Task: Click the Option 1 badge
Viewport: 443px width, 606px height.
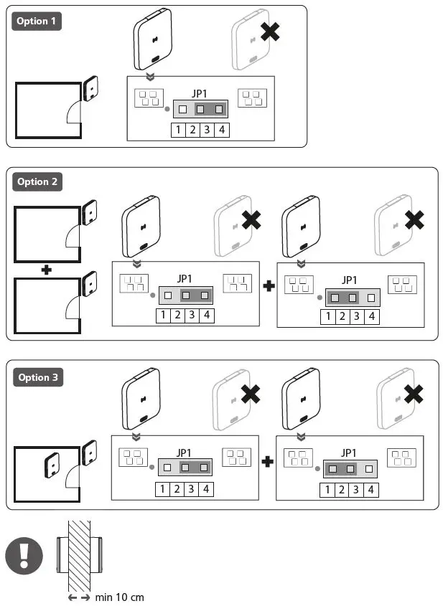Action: point(37,21)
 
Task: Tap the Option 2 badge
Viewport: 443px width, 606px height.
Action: point(37,182)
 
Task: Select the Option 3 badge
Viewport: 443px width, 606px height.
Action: point(37,377)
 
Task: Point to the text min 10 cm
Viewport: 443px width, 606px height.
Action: point(120,597)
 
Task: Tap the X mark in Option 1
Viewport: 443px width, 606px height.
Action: point(269,32)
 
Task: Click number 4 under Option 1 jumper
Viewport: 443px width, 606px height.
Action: point(222,130)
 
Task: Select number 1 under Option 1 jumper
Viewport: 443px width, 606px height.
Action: point(178,130)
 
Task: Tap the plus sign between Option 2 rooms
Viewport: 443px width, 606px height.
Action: point(47,269)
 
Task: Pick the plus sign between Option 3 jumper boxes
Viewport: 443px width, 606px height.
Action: point(267,462)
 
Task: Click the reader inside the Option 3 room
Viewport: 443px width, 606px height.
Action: point(52,466)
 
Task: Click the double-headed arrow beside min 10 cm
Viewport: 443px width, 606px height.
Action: point(79,597)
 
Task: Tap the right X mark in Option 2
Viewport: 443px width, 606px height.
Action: point(414,219)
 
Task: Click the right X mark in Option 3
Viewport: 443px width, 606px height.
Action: point(414,394)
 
